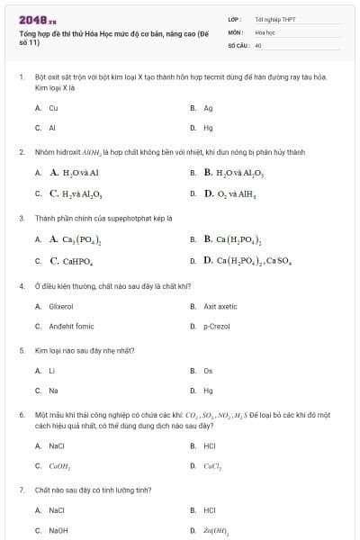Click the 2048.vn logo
pos(37,18)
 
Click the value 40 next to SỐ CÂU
pos(258,44)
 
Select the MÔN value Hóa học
pos(264,31)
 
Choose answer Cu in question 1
pos(53,107)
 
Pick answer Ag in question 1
pos(208,107)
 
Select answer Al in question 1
pos(52,128)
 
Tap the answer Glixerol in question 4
pos(60,306)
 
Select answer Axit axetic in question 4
pos(220,306)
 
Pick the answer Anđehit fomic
pos(71,326)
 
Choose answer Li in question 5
pos(51,370)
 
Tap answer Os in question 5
pos(208,370)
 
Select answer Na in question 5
pos(53,391)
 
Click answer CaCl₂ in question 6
pos(212,466)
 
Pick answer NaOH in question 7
pos(58,531)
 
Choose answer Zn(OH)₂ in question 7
pos(216,531)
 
